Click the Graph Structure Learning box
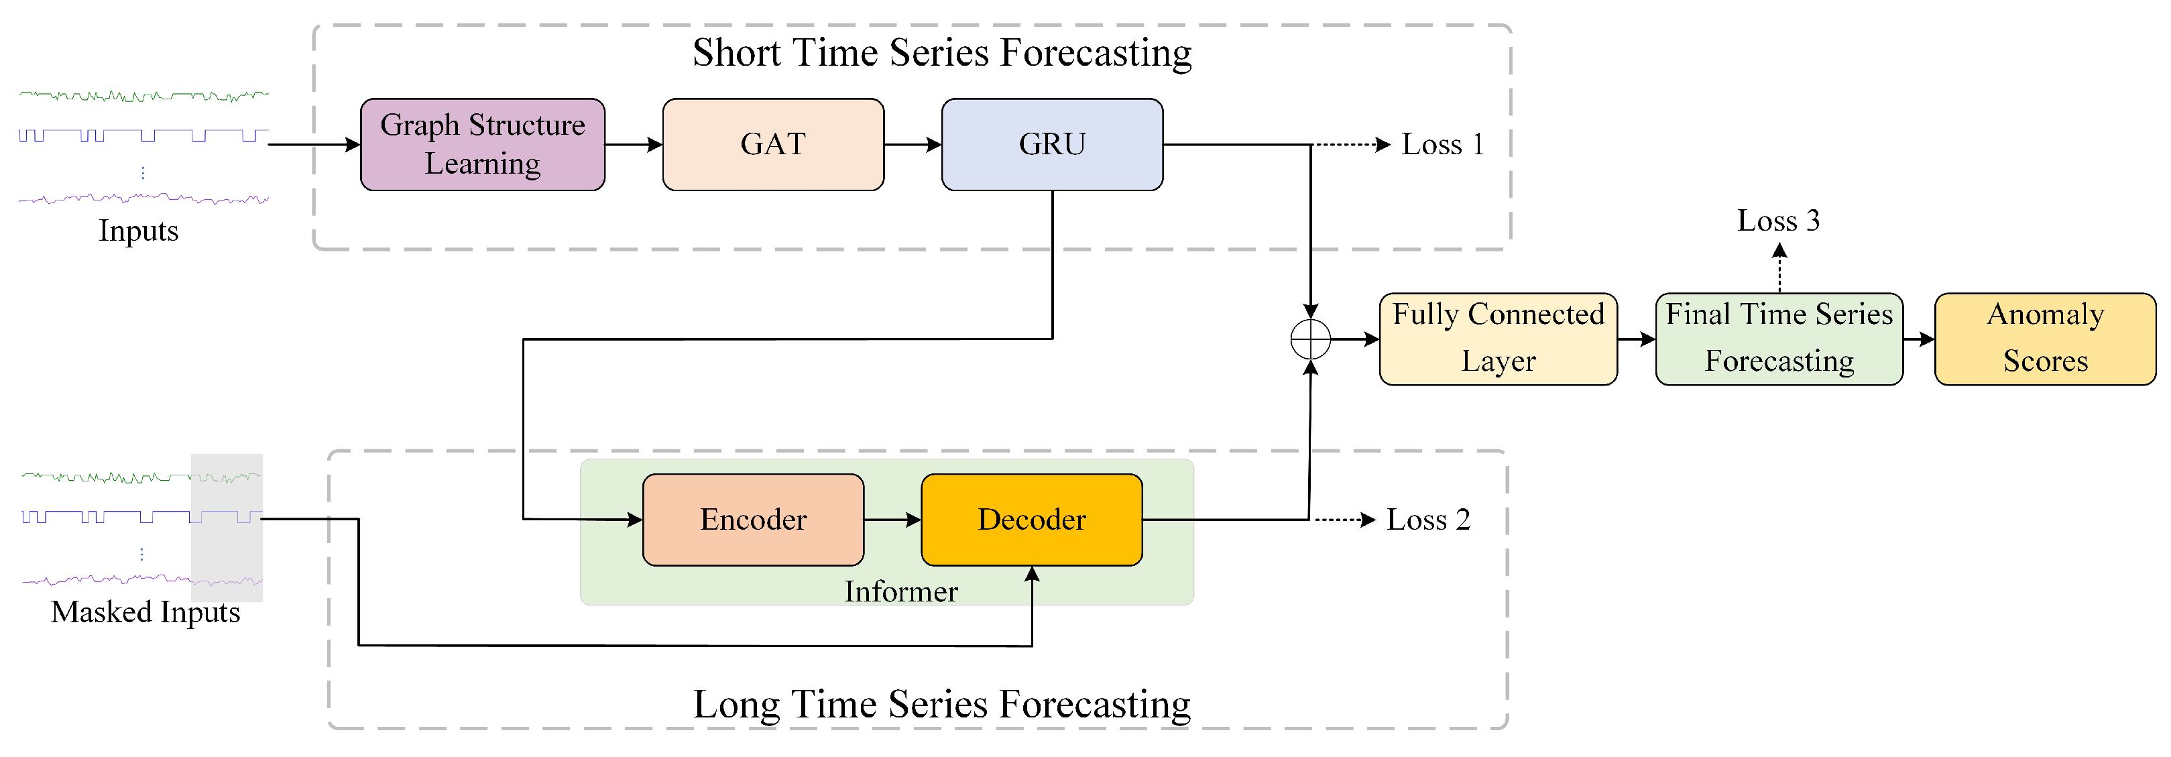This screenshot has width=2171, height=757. tap(482, 144)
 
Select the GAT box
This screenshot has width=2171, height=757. tap(773, 144)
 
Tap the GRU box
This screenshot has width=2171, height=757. tap(1052, 144)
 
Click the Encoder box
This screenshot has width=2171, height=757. tap(752, 519)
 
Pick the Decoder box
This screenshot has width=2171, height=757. tap(1032, 519)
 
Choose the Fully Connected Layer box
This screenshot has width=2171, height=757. tap(1498, 339)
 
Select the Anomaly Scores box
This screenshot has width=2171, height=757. tap(2044, 339)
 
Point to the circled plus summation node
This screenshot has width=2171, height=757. tap(1311, 340)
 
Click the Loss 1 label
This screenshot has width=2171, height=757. tap(1442, 144)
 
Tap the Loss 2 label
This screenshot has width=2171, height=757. tap(1427, 519)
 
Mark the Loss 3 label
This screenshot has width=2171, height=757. tap(1778, 221)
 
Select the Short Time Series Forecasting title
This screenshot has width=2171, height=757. tap(941, 52)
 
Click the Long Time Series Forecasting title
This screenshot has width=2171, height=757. tap(941, 704)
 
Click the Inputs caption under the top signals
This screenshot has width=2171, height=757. tap(138, 231)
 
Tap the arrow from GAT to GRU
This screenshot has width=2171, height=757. tap(912, 144)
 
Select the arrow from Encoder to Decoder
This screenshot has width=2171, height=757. tap(892, 519)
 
